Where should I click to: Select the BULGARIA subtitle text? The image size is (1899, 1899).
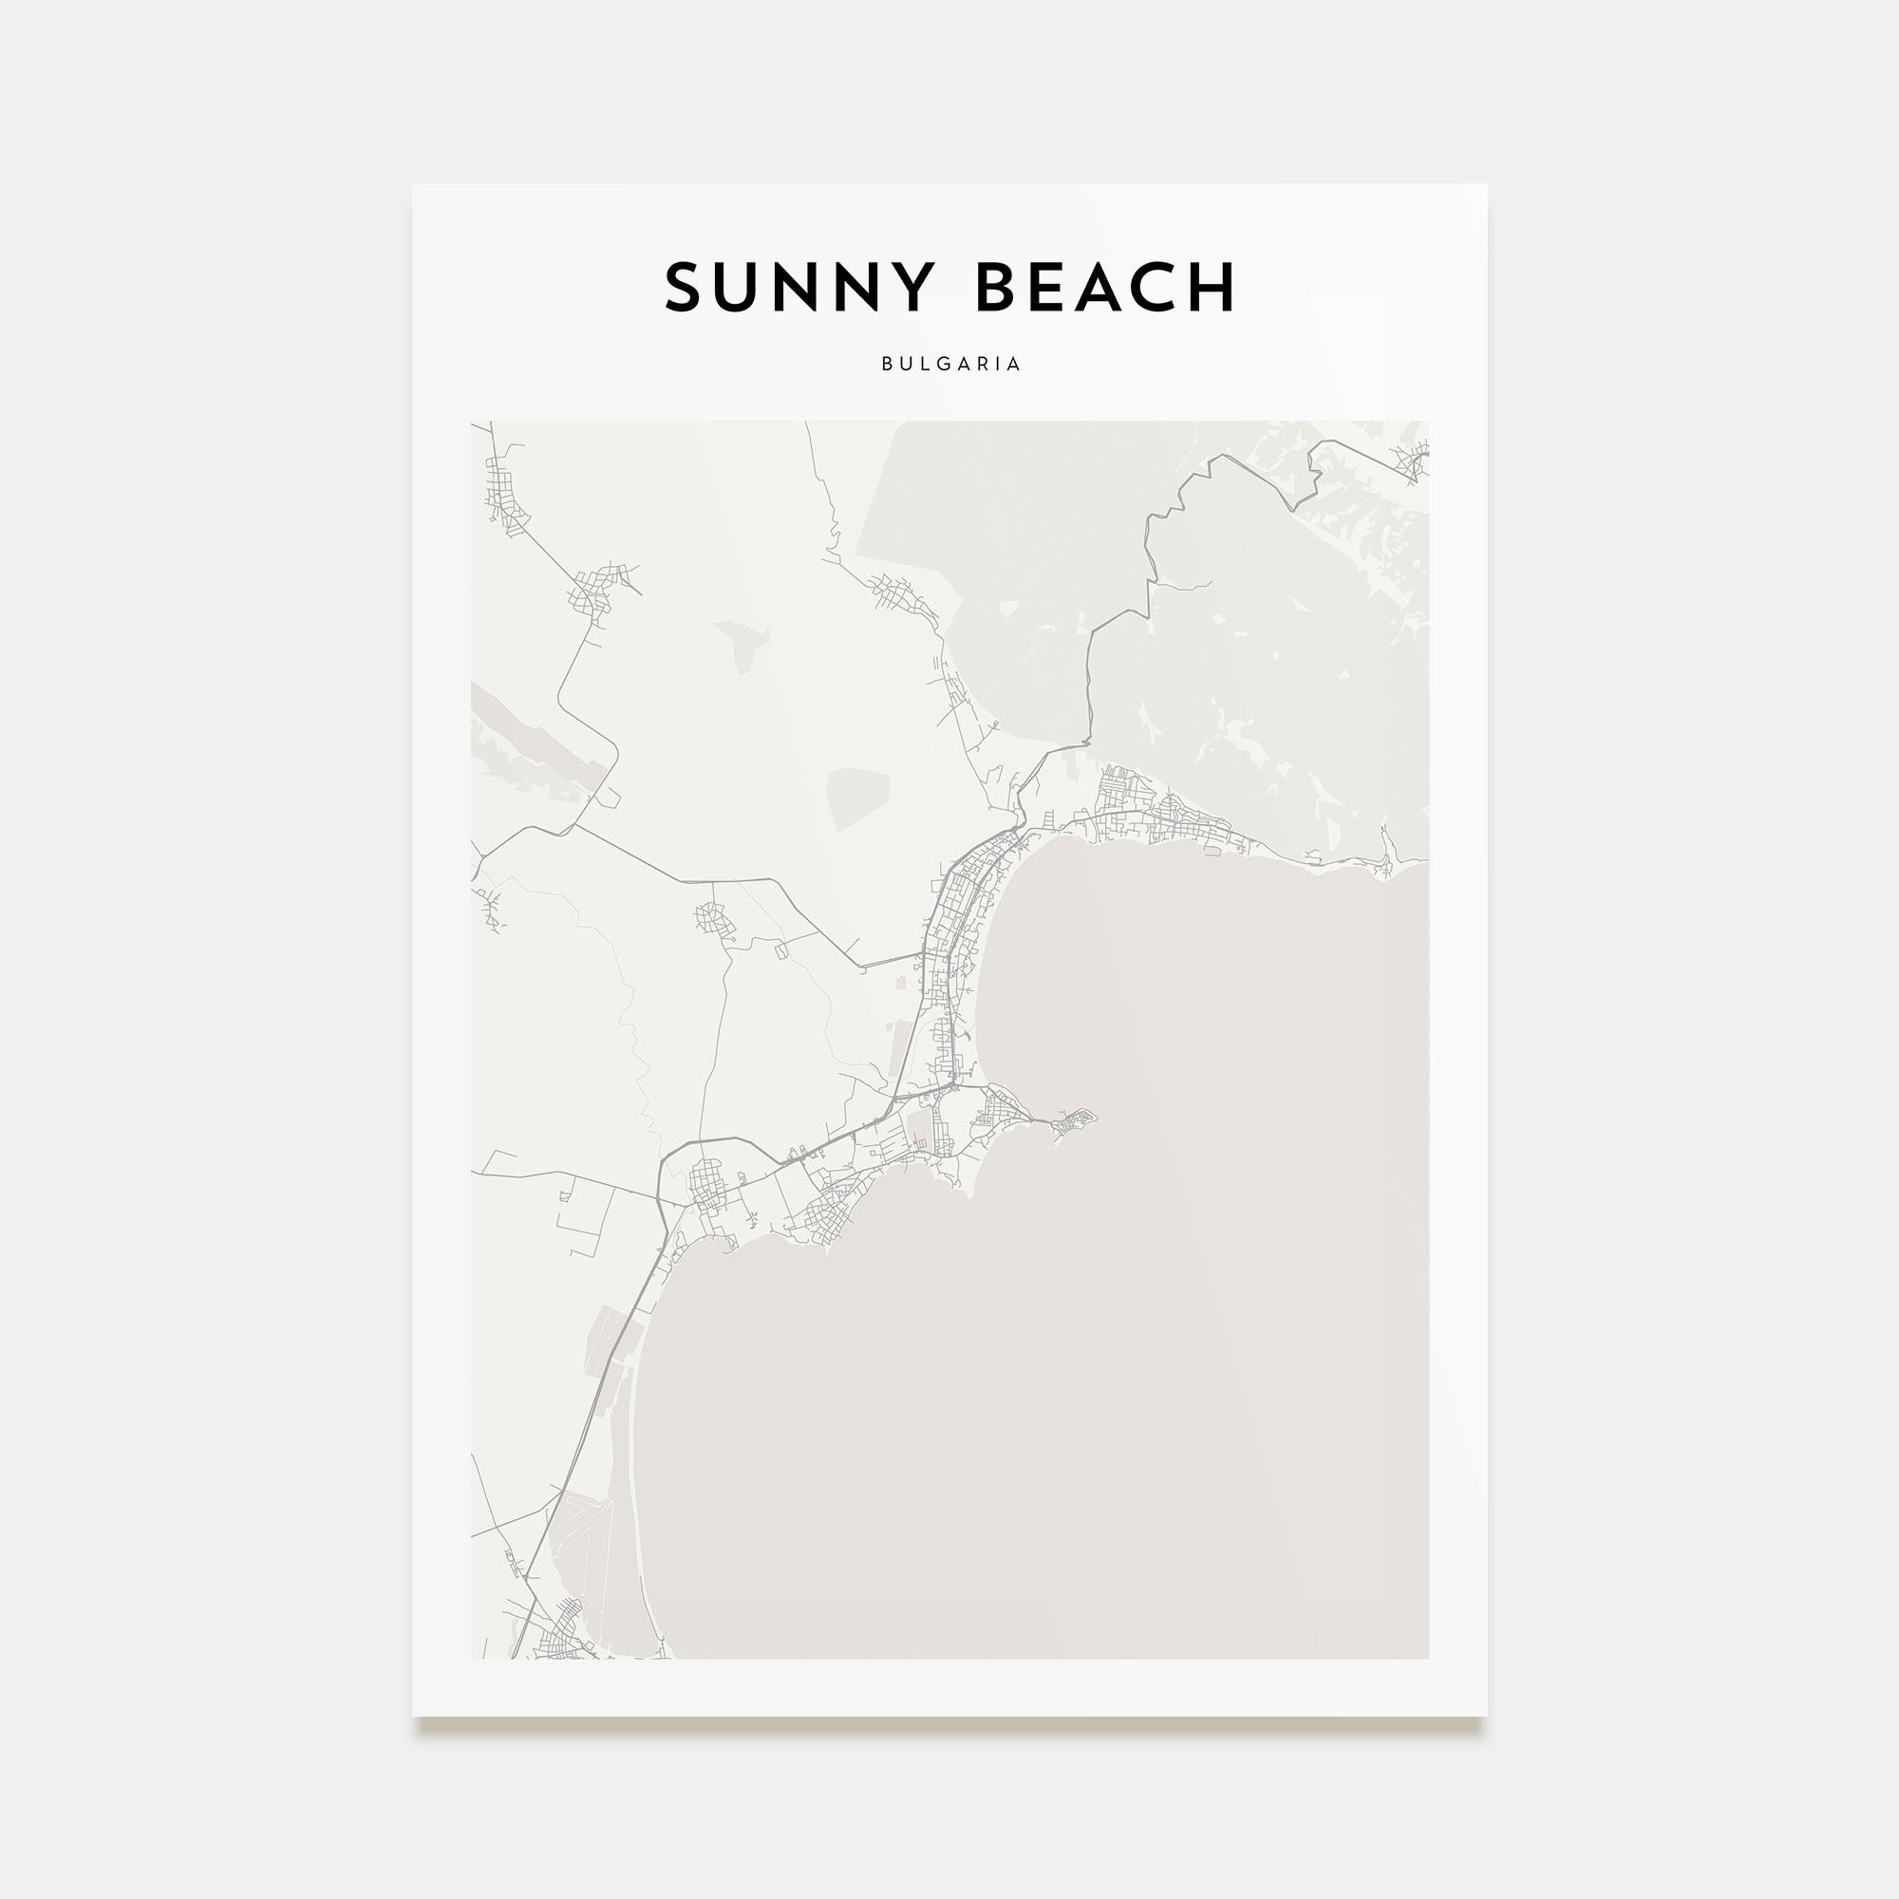[x=950, y=364]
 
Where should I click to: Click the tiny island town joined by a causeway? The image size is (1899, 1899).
[x=1072, y=1120]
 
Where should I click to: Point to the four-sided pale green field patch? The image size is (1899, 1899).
[x=857, y=799]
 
